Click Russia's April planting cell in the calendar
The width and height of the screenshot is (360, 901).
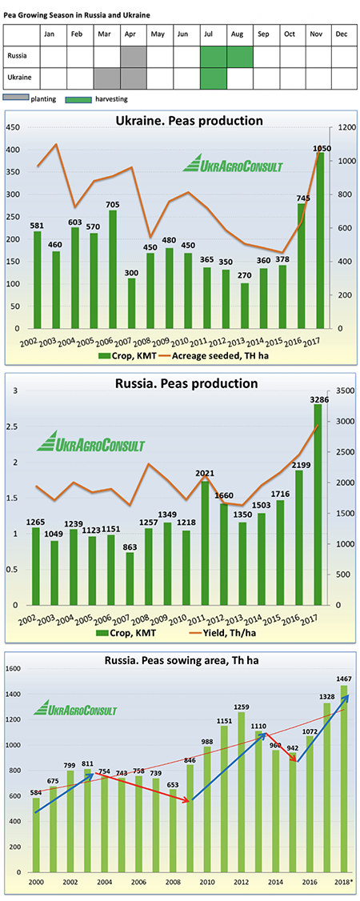(x=134, y=57)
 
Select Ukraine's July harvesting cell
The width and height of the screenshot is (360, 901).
(x=214, y=78)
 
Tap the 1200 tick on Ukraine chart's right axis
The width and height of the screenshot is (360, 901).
(x=342, y=127)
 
